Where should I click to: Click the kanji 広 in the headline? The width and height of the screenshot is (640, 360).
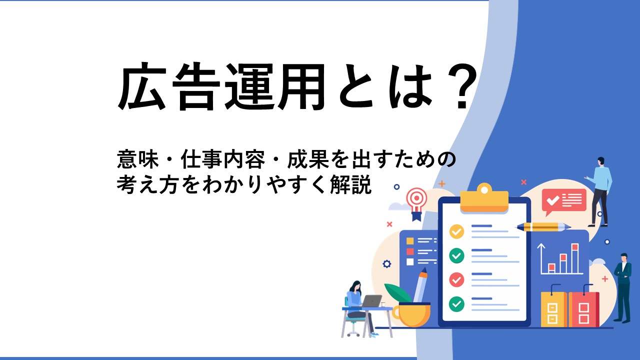coord(142,86)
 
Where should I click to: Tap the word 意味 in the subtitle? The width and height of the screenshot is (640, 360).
coord(137,160)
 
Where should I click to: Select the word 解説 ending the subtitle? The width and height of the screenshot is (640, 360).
coord(350,184)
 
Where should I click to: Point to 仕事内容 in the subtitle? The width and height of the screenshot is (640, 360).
coord(223,160)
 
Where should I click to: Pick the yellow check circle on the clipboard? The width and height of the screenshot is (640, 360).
coord(456,231)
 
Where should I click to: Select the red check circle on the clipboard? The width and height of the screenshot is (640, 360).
coord(456,279)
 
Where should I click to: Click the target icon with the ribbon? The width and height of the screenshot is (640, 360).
coord(416,203)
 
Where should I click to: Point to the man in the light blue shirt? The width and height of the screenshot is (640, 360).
coord(600,192)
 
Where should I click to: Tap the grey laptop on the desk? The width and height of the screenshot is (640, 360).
coord(371,301)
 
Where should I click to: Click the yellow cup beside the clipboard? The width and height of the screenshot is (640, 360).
coord(411,314)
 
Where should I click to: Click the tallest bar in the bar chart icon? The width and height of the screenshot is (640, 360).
coord(575,258)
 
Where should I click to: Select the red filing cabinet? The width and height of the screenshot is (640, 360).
coord(583,309)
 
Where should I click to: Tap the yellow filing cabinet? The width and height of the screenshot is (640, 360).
coord(553,309)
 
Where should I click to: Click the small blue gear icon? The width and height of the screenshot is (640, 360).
coord(386,263)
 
